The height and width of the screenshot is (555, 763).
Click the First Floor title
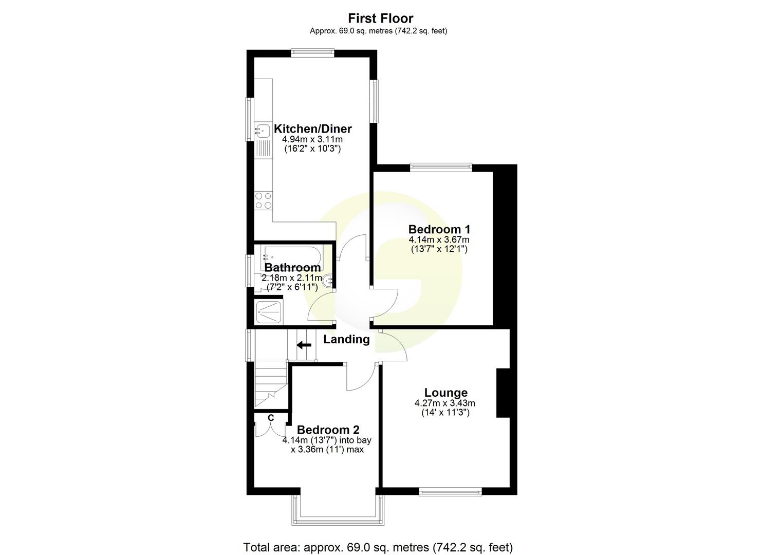(x=381, y=18)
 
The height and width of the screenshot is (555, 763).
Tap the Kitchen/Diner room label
(x=312, y=128)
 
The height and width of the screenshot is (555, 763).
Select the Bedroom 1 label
(x=439, y=229)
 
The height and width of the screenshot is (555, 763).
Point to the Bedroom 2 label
(x=328, y=430)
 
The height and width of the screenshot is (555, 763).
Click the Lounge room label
(x=445, y=393)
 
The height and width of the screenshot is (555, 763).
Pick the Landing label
(x=346, y=339)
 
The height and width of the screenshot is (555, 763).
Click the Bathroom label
(x=292, y=267)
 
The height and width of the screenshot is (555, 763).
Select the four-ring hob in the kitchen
(x=264, y=200)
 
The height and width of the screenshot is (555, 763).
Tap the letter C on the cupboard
(x=271, y=417)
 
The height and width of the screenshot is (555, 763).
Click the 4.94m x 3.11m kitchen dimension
(x=312, y=139)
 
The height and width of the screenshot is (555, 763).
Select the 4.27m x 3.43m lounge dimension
(x=445, y=403)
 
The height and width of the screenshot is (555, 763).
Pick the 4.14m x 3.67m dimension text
(x=439, y=239)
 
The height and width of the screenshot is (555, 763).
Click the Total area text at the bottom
(x=378, y=547)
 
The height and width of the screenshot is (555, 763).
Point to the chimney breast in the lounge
(x=503, y=393)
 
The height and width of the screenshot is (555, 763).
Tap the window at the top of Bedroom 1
(x=441, y=166)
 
